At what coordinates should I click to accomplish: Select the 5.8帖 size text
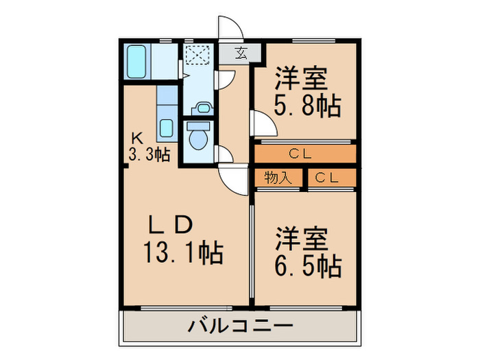[x=308, y=106]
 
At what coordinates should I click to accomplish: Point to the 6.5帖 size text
[x=308, y=265]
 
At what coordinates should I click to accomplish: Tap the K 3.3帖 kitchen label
[x=148, y=147]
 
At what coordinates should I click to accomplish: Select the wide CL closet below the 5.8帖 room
[x=304, y=154]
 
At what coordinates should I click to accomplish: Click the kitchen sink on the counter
[x=166, y=128]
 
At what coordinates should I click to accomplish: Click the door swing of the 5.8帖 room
[x=263, y=124]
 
